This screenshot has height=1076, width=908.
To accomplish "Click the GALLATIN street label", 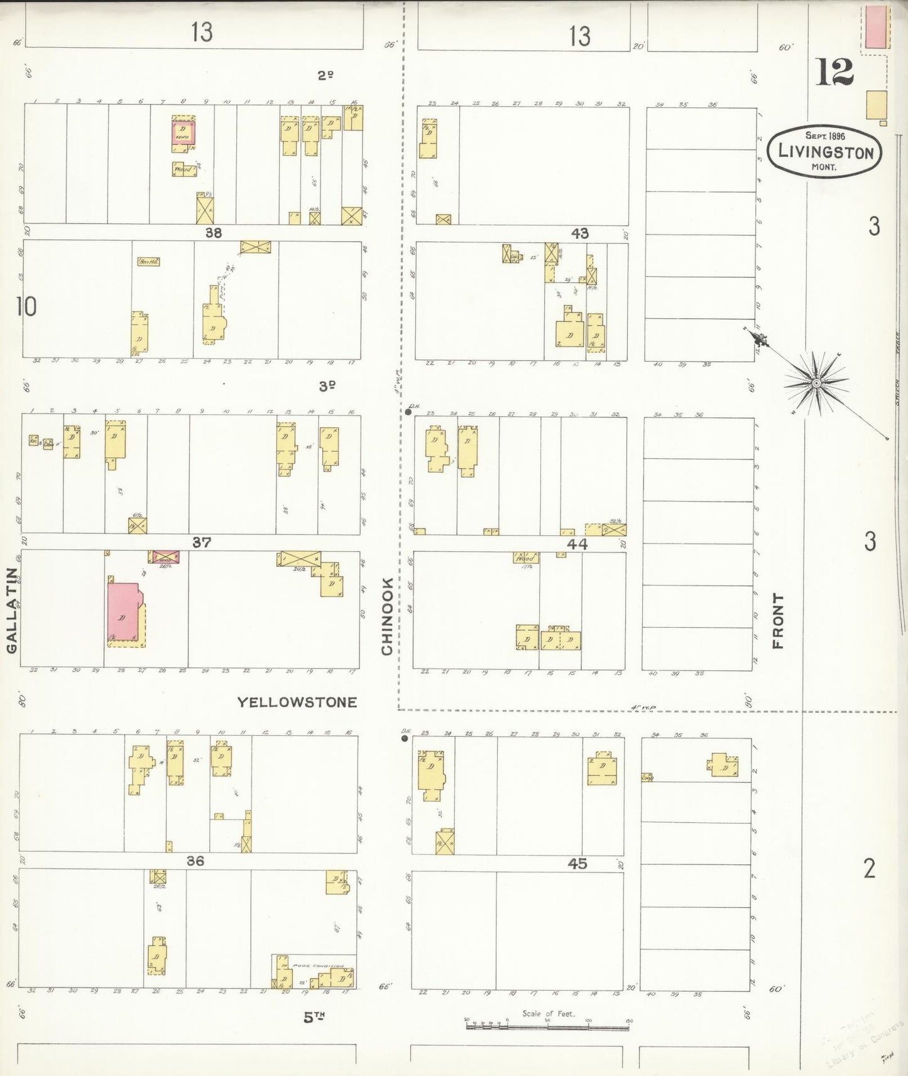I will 12,610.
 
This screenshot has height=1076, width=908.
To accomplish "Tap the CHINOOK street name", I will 386,616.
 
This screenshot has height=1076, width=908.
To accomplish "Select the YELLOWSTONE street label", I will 297,702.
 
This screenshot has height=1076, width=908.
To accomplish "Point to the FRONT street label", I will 778,620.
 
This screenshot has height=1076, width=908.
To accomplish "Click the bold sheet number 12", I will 834,72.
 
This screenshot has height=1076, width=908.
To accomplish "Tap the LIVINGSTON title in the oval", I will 825,152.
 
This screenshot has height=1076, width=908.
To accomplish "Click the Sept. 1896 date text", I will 825,136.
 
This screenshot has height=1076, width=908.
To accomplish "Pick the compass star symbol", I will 816,382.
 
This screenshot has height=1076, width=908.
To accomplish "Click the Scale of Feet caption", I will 548,1013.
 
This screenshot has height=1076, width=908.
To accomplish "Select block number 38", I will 214,233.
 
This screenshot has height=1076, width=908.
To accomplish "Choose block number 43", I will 579,234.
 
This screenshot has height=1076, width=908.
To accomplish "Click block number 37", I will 201,542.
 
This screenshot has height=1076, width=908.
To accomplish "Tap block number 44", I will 577,544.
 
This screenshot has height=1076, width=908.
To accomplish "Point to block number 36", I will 195,861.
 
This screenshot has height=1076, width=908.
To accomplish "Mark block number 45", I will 577,864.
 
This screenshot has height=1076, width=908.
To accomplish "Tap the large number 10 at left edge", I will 26,307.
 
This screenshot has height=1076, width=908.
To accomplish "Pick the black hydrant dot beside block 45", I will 405,738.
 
